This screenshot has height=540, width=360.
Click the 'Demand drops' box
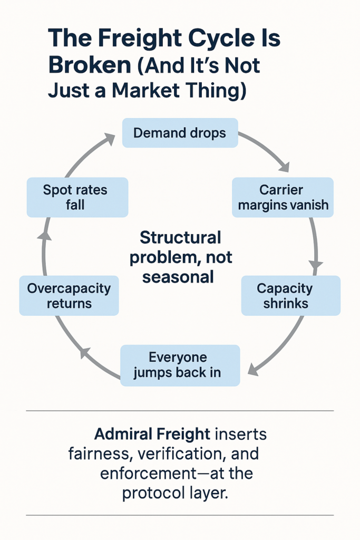[180, 133]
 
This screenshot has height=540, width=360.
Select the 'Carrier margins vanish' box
[283, 197]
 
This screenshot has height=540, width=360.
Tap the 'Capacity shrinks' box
[291, 295]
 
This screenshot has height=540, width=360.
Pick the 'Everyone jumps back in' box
[180, 365]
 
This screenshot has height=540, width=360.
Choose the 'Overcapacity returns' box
[69, 295]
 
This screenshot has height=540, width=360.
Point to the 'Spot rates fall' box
[77, 197]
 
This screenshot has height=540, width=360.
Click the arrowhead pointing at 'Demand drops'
[110, 139]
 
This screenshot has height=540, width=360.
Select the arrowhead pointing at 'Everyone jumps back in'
[253, 370]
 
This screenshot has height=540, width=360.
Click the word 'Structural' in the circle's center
[180, 238]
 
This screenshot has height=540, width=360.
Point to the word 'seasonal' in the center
[178, 277]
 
